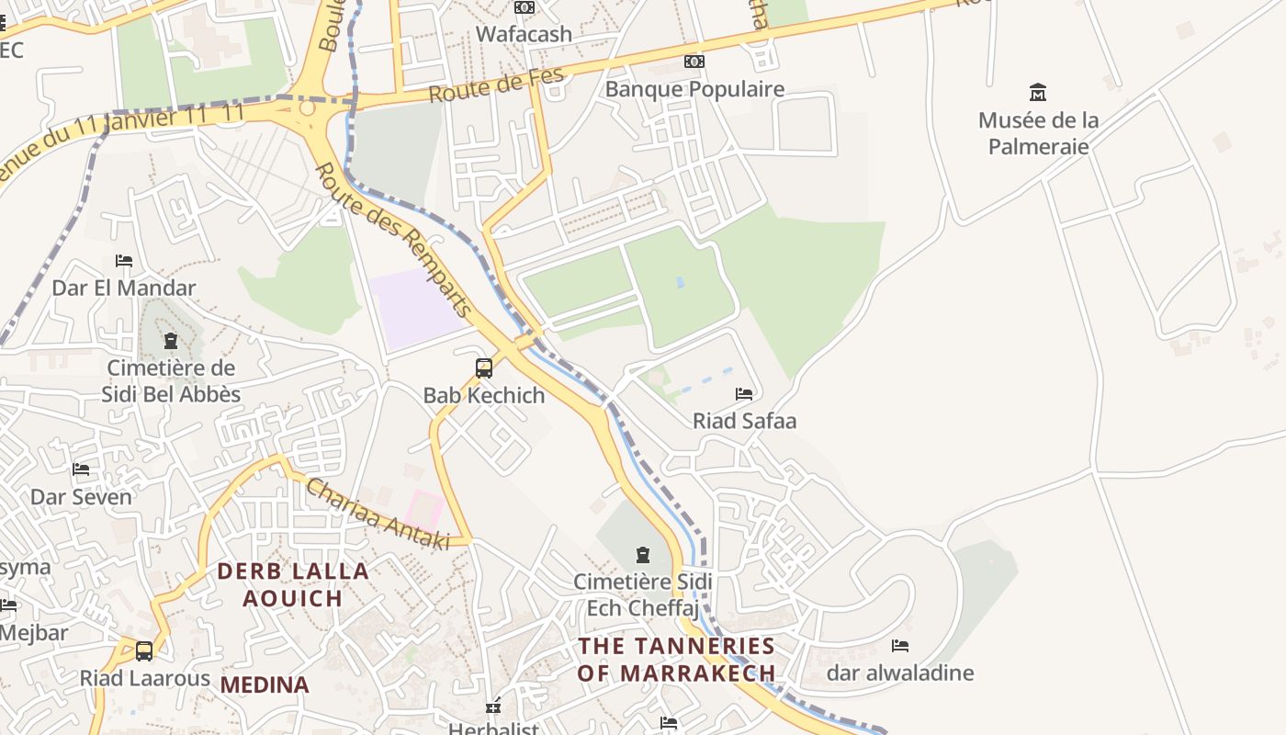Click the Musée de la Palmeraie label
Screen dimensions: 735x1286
pyautogui.click(x=1038, y=133)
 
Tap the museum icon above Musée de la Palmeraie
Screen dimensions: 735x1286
pyautogui.click(x=1038, y=92)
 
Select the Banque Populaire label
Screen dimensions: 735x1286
pyautogui.click(x=694, y=89)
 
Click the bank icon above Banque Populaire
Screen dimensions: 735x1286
pyautogui.click(x=694, y=62)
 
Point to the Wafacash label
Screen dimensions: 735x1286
pyautogui.click(x=524, y=34)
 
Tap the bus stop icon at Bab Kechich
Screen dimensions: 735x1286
pyautogui.click(x=484, y=368)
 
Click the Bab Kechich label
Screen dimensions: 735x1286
pyautogui.click(x=484, y=395)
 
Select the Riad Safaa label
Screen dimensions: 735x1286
pyautogui.click(x=744, y=421)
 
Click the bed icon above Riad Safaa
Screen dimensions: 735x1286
pyautogui.click(x=744, y=394)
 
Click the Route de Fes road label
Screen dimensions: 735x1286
pyautogui.click(x=496, y=86)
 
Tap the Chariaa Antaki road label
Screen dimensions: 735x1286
pyautogui.click(x=378, y=514)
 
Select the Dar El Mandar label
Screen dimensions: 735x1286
pyautogui.click(x=123, y=288)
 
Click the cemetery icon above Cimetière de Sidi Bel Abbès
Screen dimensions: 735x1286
pyautogui.click(x=171, y=342)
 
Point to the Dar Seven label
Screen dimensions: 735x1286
pyautogui.click(x=81, y=497)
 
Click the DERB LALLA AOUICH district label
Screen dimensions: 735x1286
pyautogui.click(x=293, y=584)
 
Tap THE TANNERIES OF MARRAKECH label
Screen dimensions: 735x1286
pyautogui.click(x=676, y=659)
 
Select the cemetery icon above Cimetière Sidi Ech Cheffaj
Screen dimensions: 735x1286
pyautogui.click(x=643, y=555)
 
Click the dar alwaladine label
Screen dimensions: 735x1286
pyautogui.click(x=900, y=673)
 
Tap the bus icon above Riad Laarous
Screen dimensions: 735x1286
pyautogui.click(x=144, y=651)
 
